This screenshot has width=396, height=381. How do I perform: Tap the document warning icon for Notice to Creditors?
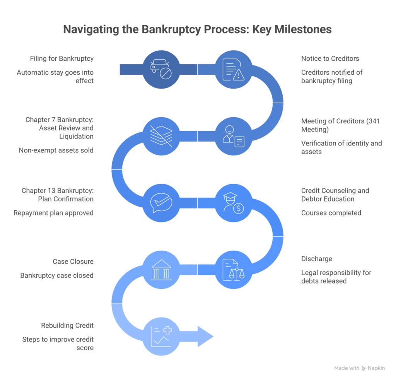(x=234, y=70)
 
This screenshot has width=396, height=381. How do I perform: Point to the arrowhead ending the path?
(x=205, y=336)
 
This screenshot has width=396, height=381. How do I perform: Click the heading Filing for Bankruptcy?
(x=62, y=59)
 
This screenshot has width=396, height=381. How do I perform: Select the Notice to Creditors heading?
(x=330, y=59)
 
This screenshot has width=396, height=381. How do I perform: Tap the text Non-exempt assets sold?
(x=56, y=150)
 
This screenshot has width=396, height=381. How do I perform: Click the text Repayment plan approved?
(x=53, y=213)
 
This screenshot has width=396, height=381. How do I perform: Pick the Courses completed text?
(x=331, y=213)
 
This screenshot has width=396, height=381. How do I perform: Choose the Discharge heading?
(x=316, y=259)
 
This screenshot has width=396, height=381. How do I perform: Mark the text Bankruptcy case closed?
(x=57, y=276)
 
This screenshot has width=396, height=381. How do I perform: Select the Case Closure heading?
(x=73, y=262)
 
